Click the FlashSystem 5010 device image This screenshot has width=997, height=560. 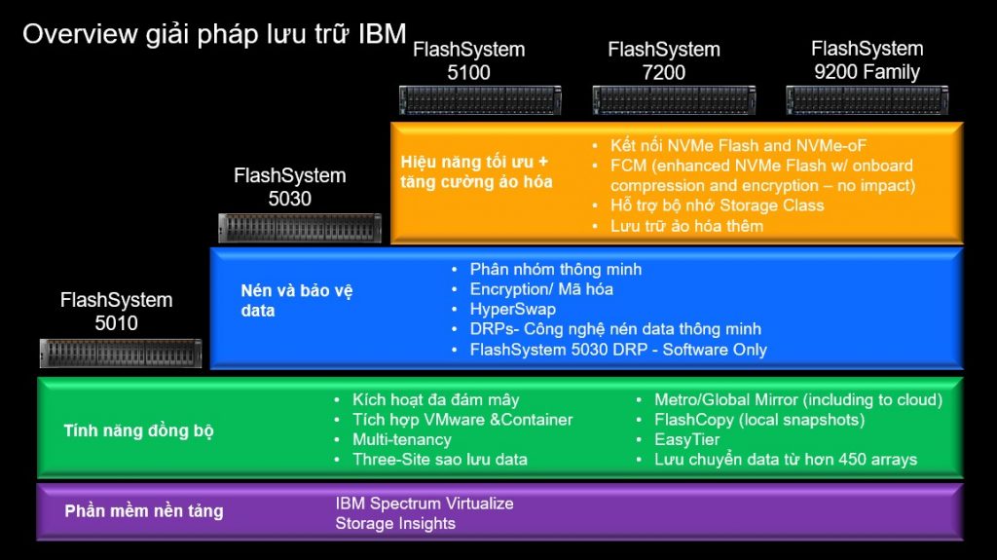pos(121,354)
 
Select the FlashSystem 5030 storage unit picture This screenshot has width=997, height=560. pos(300,228)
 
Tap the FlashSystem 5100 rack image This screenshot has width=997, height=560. pos(480,100)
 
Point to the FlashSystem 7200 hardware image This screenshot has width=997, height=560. pos(674,100)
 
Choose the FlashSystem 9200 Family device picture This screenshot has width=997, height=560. pos(868,100)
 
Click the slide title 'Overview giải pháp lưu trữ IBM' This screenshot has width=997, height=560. pos(214,34)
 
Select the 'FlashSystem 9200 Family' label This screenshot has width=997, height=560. pos(868,60)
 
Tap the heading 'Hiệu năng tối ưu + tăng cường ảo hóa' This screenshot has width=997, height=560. pos(476,171)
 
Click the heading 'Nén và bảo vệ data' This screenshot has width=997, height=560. pos(296,300)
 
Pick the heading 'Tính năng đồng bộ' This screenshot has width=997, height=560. pos(138,430)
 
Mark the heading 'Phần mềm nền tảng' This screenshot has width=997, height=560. pos(144,511)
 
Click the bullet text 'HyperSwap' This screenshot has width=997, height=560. pos(512,310)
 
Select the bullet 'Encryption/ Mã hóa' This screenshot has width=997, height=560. pos(541,289)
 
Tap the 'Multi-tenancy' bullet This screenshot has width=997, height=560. pos(402,440)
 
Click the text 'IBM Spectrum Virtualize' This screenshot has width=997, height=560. pos(425,504)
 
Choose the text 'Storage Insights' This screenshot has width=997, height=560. pos(395,524)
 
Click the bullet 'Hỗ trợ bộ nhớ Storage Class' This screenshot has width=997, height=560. pos(718,205)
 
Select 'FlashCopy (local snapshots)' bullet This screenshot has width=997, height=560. pos(759,420)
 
